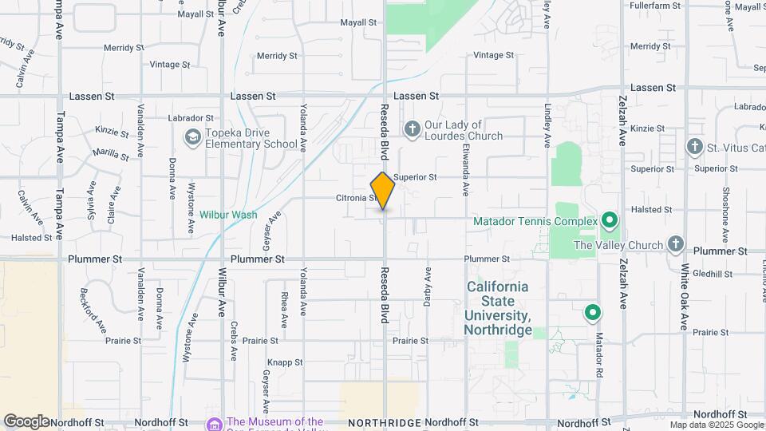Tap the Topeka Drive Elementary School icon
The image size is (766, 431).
(191, 138)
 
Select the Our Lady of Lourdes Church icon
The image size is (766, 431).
(412, 129)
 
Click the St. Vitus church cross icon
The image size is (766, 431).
(694, 146)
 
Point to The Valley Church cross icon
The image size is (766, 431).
(675, 244)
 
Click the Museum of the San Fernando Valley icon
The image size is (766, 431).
(214, 423)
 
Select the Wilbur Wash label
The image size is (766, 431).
(227, 215)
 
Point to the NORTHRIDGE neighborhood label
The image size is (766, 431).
(384, 422)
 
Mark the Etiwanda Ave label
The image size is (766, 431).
(465, 172)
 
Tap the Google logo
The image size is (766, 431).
(26, 421)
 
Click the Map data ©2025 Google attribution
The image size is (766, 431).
(715, 425)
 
